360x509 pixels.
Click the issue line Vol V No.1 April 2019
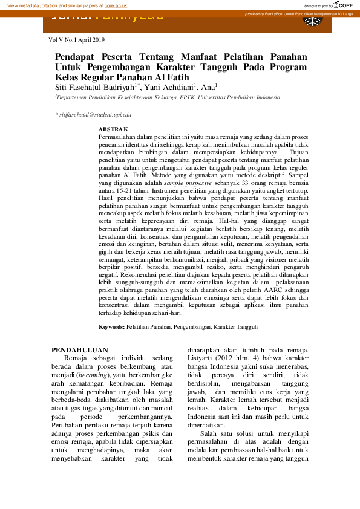[76, 39]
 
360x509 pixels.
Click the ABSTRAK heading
[113, 129]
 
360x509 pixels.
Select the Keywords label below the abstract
[112, 327]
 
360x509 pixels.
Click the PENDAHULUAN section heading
[79, 350]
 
